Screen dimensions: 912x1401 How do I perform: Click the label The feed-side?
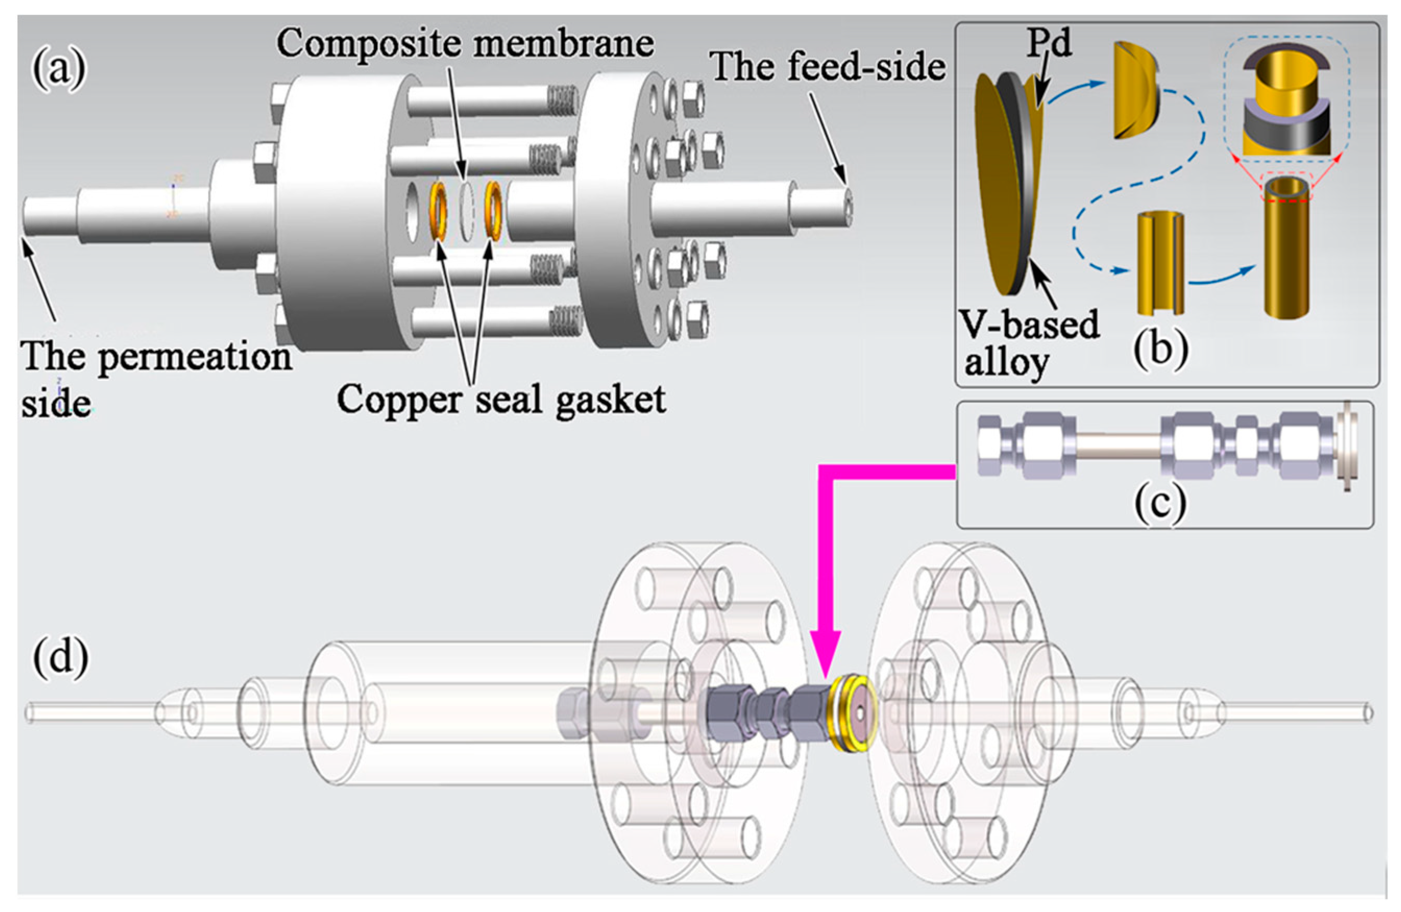tap(828, 67)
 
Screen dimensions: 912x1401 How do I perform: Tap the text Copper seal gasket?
tap(501, 400)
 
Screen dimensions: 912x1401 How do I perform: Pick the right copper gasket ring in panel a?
tap(492, 210)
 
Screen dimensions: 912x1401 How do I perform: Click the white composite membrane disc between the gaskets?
tap(466, 210)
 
